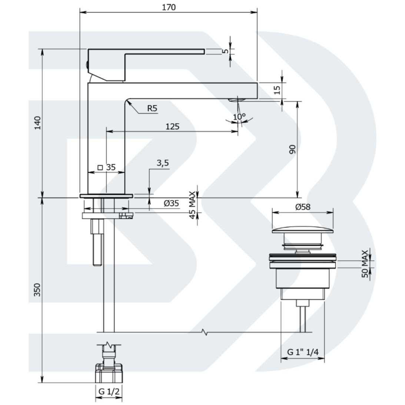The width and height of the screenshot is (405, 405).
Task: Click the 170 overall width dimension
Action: tap(169, 7)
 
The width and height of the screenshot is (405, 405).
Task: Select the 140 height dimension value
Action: tap(37, 123)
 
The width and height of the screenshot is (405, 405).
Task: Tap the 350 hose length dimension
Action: tap(37, 290)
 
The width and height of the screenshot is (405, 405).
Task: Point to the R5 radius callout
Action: tap(152, 108)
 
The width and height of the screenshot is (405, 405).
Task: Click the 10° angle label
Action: tap(239, 117)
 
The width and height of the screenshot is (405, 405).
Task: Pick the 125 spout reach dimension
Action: tap(172, 126)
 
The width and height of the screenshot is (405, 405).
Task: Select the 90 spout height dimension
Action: tap(292, 149)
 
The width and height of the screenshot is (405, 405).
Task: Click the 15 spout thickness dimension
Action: tap(277, 90)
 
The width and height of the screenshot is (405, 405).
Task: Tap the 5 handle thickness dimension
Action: tap(226, 51)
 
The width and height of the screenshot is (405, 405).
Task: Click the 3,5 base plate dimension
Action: tap(163, 163)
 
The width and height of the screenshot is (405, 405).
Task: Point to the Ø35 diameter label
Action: tap(171, 203)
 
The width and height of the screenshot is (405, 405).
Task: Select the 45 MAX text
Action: tap(192, 205)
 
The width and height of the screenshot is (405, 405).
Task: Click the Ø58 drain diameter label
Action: tap(303, 207)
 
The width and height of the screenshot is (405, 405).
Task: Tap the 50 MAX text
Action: tap(365, 264)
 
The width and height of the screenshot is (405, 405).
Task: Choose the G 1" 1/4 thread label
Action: tap(303, 352)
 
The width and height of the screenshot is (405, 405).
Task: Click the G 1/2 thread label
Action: tap(109, 392)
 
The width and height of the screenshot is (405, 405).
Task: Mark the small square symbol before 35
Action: tap(100, 167)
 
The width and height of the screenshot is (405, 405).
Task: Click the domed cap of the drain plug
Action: tap(303, 230)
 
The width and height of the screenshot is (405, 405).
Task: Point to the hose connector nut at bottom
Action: tap(109, 373)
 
